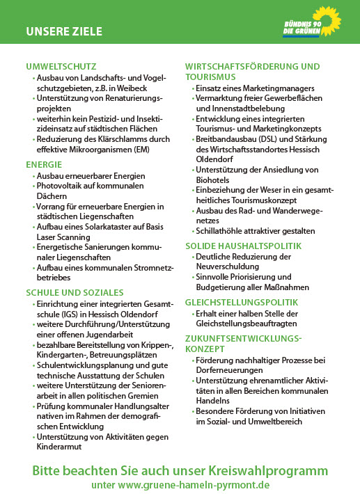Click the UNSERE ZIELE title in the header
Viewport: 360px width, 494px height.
pos(64,31)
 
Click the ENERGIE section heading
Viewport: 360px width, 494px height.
pos(44,165)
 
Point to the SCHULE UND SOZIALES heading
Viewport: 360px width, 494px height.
pos(75,292)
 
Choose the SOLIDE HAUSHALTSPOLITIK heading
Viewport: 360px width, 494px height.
pos(243,246)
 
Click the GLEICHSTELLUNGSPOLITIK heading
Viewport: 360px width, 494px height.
pos(242,303)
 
